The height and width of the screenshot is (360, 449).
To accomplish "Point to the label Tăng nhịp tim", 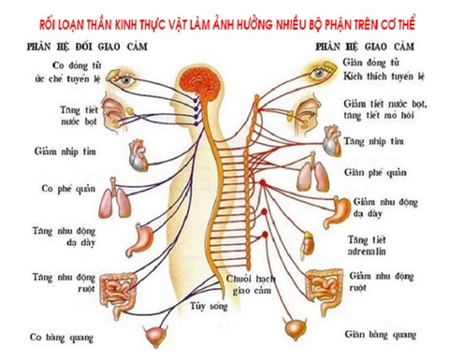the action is click(x=376, y=141).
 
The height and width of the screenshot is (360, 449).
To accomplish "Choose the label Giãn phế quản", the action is click(x=377, y=173).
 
